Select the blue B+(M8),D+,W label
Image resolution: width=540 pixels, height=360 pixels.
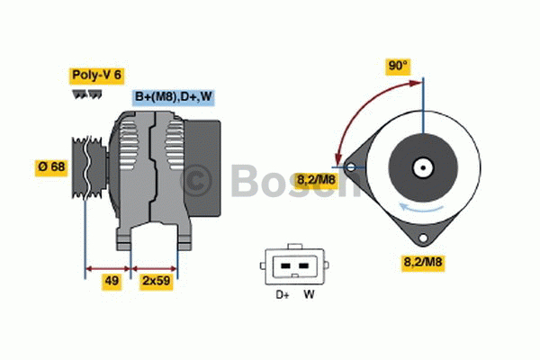tap(174, 97)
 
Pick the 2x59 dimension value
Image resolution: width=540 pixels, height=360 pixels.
tap(155, 281)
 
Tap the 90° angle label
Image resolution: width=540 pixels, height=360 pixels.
tap(397, 67)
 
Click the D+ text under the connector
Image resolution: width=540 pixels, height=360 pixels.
tap(280, 294)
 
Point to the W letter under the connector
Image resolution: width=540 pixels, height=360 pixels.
tap(308, 294)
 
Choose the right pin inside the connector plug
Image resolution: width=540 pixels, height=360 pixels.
tap(303, 266)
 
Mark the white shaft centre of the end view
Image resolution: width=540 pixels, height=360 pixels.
tap(421, 167)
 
